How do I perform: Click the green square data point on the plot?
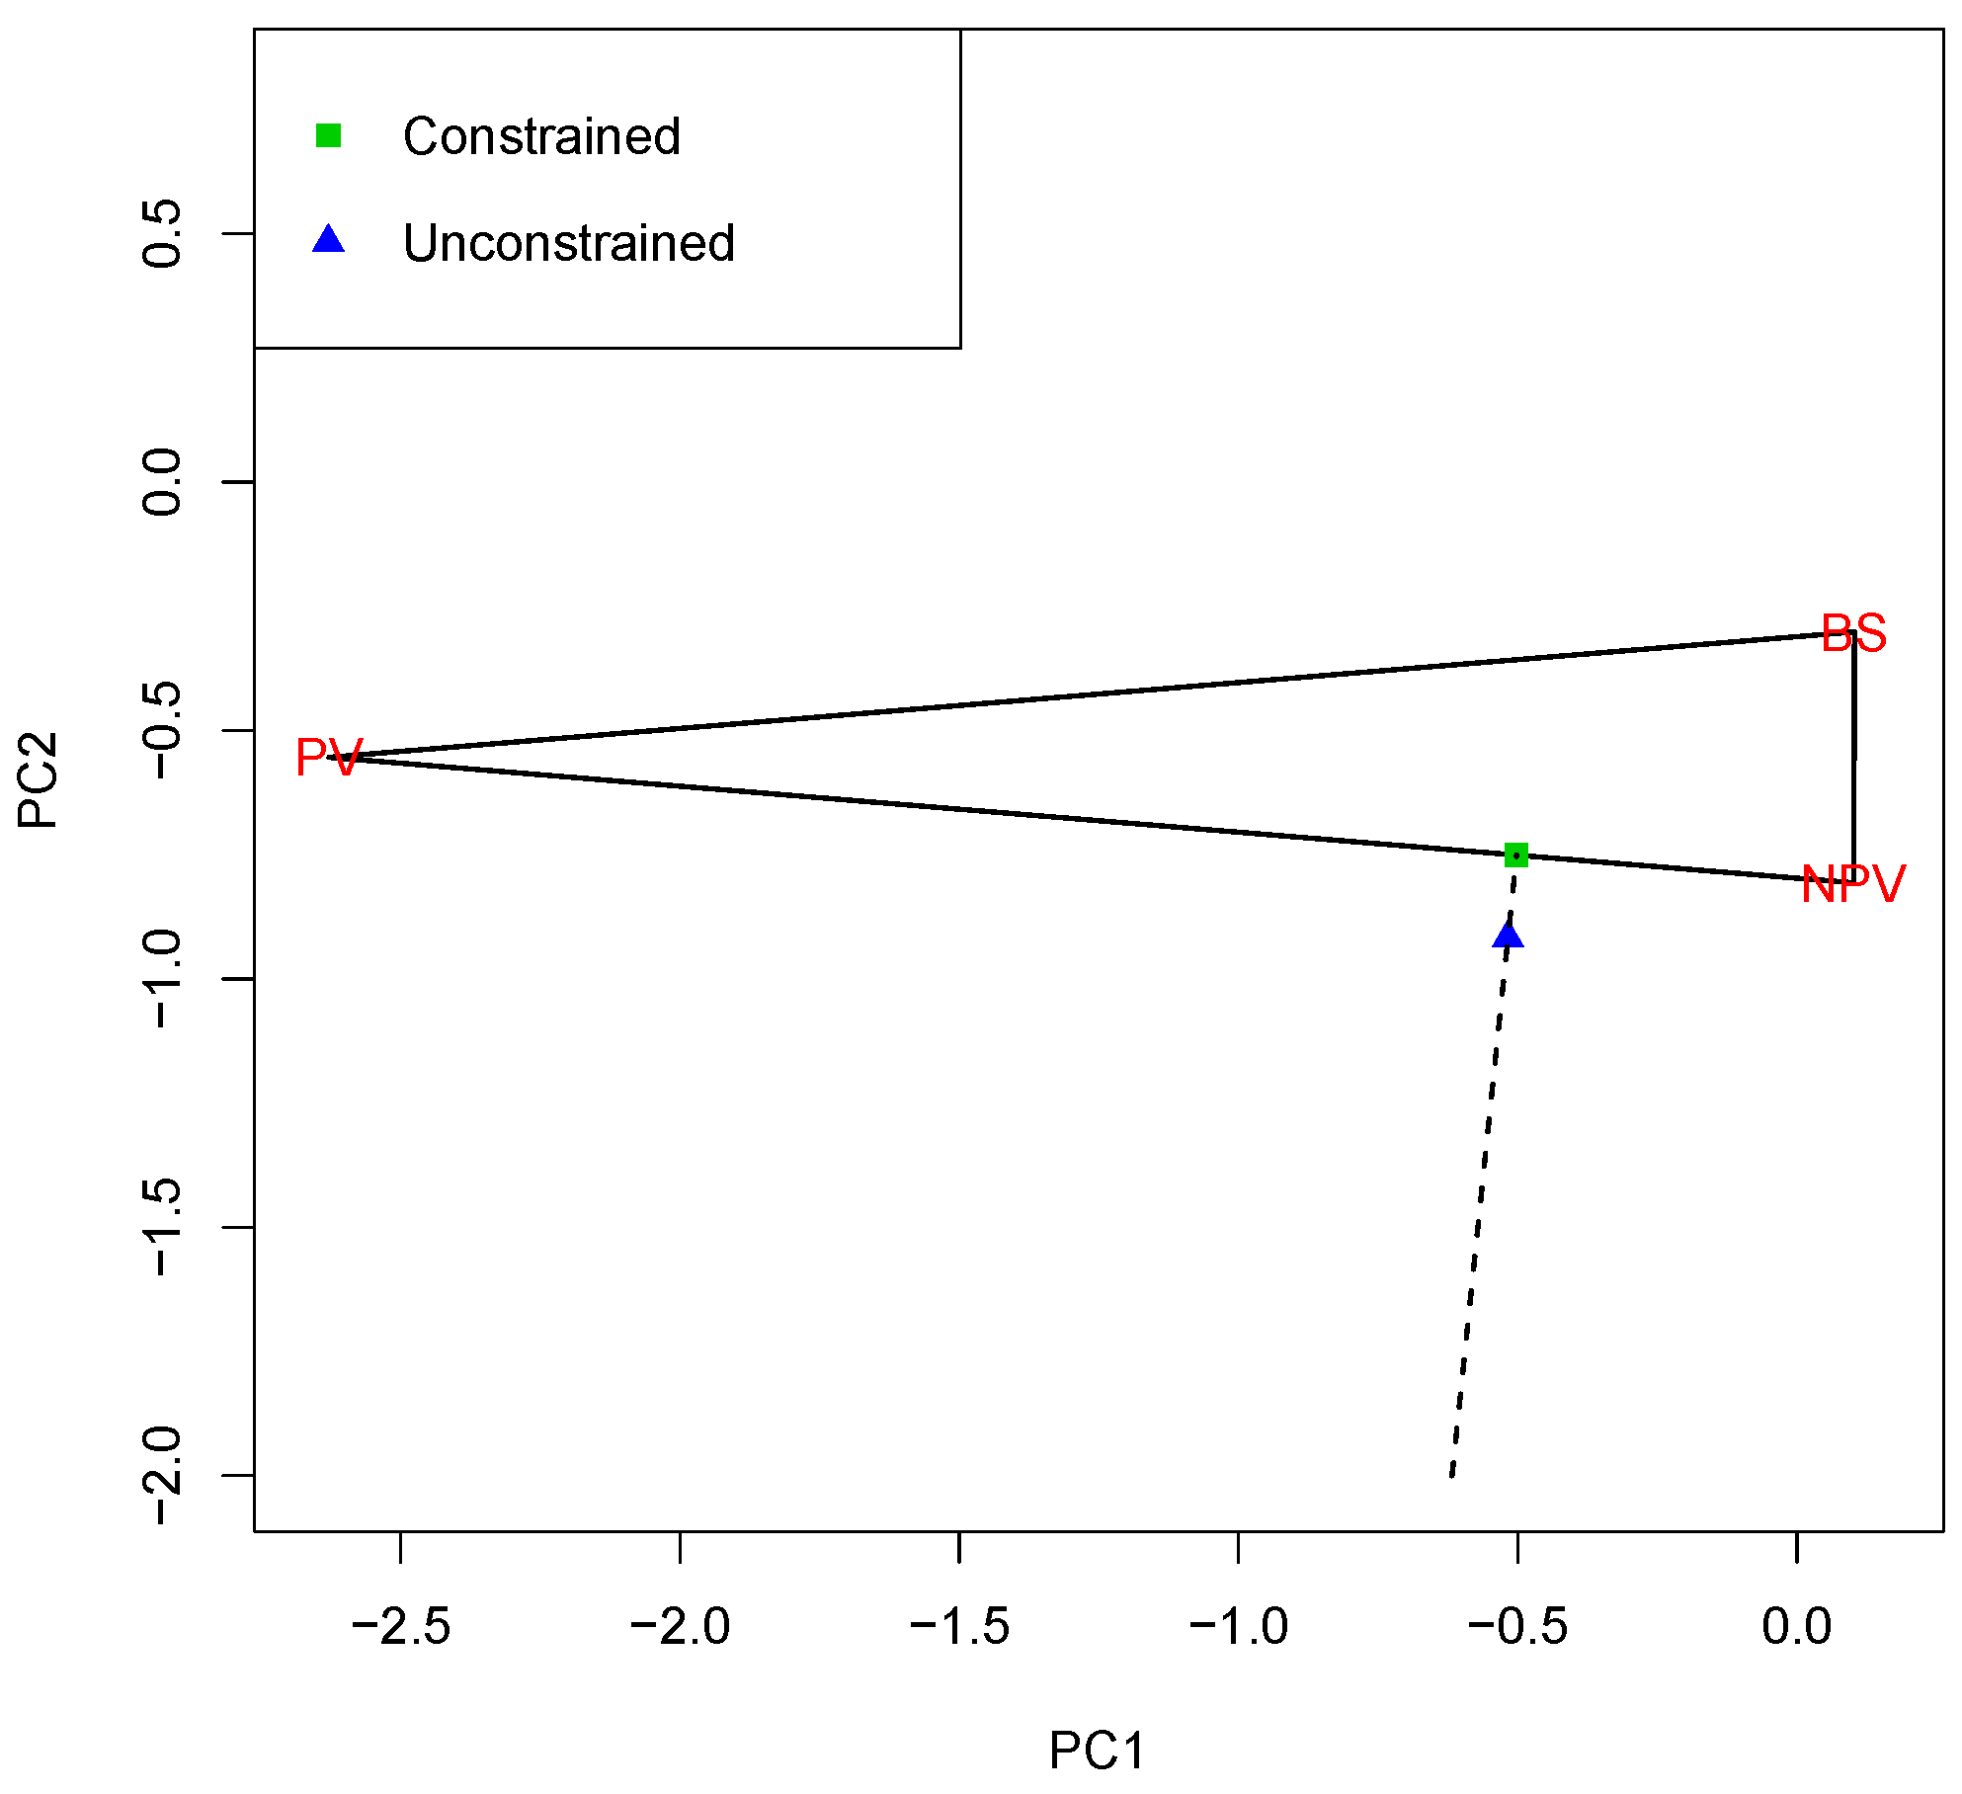1515,855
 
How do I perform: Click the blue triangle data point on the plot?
1508,935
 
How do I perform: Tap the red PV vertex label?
329,759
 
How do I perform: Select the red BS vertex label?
1852,633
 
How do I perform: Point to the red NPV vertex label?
1852,884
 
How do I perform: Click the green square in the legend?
328,135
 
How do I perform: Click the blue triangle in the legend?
328,240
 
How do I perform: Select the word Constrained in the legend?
541,136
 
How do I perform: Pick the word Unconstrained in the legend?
568,243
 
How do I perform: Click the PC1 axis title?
1098,1752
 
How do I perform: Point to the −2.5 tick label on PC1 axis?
401,1627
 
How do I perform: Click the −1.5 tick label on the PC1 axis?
959,1627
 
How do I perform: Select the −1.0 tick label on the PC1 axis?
1238,1627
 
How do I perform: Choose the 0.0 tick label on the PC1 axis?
1796,1627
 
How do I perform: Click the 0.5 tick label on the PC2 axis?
161,233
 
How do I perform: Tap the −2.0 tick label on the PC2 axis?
161,1476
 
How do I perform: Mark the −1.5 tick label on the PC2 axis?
161,1227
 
